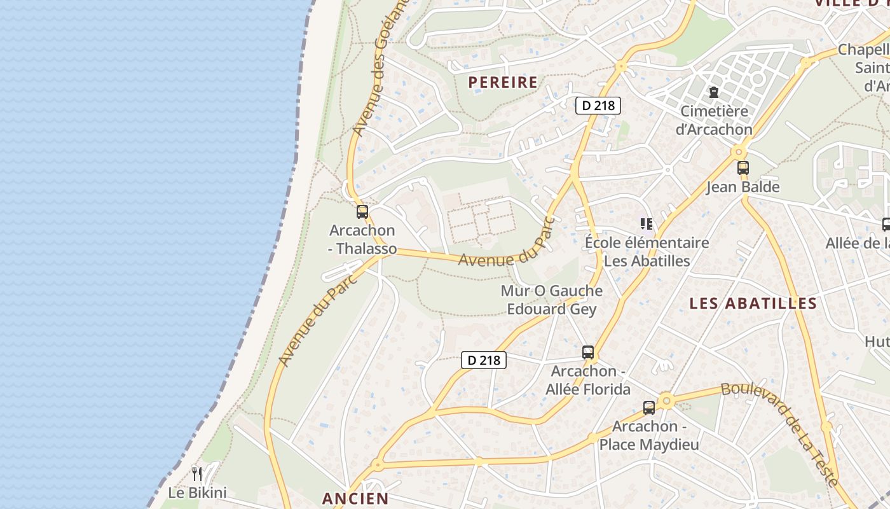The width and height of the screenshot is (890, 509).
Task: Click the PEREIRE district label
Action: click(503, 82)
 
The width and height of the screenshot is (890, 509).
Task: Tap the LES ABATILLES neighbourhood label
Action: click(753, 303)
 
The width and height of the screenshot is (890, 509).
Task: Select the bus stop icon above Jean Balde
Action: click(743, 168)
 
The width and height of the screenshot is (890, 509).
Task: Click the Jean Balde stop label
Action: click(743, 187)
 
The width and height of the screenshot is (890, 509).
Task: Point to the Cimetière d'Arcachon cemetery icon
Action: click(713, 92)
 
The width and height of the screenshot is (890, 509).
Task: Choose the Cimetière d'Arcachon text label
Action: click(713, 120)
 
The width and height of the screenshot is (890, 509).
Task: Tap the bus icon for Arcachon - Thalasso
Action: click(362, 212)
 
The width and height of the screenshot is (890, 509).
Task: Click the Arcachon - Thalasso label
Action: click(362, 239)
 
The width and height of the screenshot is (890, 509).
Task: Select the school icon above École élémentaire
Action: click(647, 223)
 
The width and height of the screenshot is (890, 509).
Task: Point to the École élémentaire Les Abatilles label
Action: click(647, 252)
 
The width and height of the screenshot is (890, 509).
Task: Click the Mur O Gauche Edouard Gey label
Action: click(552, 300)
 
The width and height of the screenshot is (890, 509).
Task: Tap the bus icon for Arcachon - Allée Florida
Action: click(588, 352)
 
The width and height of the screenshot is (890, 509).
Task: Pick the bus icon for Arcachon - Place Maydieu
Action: click(649, 408)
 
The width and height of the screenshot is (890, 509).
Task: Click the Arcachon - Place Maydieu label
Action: click(649, 435)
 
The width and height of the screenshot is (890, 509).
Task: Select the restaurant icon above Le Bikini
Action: click(197, 473)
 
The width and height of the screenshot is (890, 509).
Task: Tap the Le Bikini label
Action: click(197, 492)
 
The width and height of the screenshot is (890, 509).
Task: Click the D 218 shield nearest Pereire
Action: click(598, 106)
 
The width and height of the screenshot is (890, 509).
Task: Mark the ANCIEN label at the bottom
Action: click(355, 498)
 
